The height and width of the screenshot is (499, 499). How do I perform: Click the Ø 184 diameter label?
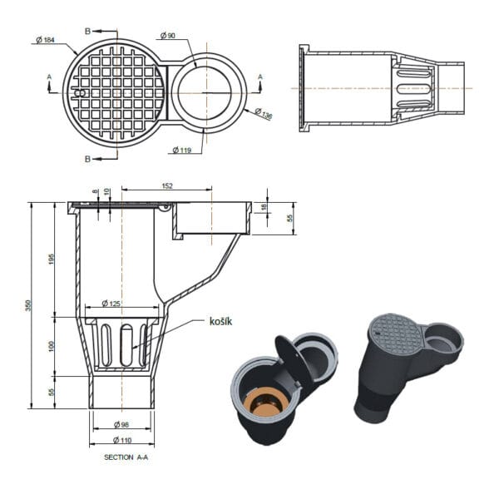(46, 40)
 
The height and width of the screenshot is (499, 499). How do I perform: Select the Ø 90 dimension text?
(168, 35)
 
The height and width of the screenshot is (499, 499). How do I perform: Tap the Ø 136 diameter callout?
(264, 114)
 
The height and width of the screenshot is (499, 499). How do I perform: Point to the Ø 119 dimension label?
(182, 150)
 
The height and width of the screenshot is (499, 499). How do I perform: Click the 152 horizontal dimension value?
(167, 185)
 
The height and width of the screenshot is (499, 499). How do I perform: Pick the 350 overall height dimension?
(29, 305)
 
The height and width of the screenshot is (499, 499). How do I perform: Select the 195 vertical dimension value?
(52, 259)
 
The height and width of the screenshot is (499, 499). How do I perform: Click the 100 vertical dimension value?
(52, 346)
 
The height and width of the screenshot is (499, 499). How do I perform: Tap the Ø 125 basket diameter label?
(111, 304)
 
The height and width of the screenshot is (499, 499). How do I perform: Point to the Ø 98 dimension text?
(121, 424)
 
